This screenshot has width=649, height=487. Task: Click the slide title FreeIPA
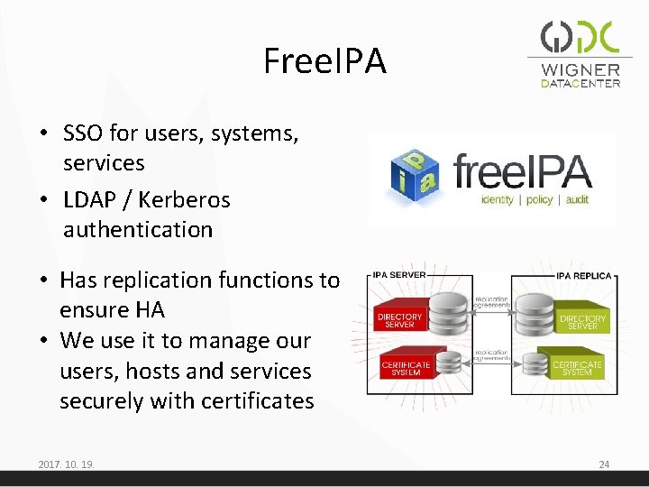pos(324,61)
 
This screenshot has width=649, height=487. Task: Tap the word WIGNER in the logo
pos(580,69)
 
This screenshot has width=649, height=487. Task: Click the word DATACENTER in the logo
pos(580,84)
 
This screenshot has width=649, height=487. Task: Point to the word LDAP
pos(88,199)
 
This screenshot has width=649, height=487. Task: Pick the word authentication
pos(138,230)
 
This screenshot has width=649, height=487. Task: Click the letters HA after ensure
pos(150,310)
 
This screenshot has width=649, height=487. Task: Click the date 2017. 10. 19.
pos(67,464)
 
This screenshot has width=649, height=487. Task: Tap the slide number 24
pos(604,464)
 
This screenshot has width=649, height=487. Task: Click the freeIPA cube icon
pos(415,176)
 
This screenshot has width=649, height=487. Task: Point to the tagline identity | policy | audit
pos(535,199)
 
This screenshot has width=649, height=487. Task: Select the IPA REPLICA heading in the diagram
pos(583,274)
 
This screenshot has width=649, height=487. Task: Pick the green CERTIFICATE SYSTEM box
pos(577,369)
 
